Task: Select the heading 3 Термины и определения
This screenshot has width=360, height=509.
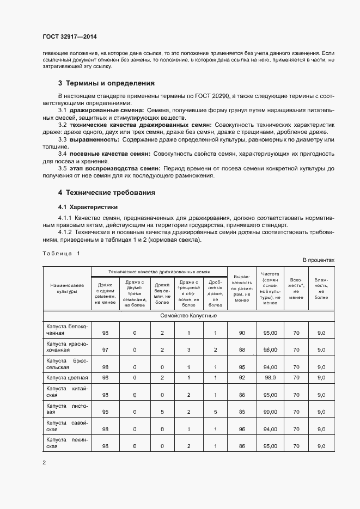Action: pyautogui.click(x=106, y=83)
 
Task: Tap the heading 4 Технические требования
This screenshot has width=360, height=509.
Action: pyautogui.click(x=107, y=193)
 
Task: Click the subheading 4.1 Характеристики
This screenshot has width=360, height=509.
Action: pyautogui.click(x=88, y=207)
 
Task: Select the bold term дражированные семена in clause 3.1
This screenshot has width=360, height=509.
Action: pyautogui.click(x=104, y=110)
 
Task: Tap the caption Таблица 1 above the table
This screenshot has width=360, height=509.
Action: pyautogui.click(x=60, y=254)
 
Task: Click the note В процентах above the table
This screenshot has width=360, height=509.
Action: pyautogui.click(x=319, y=260)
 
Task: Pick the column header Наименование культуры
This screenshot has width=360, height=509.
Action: pyautogui.click(x=67, y=288)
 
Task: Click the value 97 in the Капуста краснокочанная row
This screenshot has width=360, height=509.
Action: pyautogui.click(x=105, y=349)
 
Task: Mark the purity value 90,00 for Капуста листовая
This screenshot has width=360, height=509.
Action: pyautogui.click(x=271, y=413)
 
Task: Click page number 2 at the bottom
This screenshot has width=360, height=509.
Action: pyautogui.click(x=44, y=463)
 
